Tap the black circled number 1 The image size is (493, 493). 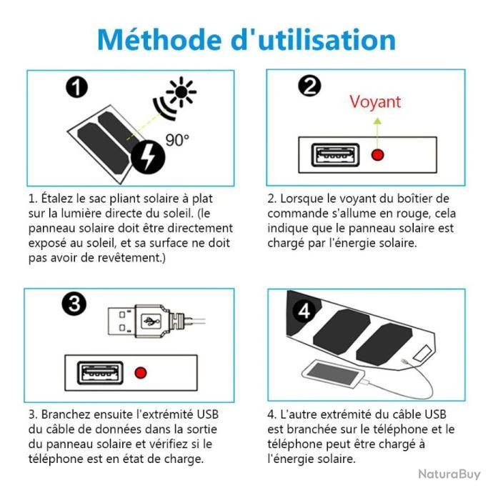pos(76,87)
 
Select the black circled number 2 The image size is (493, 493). pos(309,86)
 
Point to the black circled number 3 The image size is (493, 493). pos(74,304)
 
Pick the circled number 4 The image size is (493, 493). pos(304,312)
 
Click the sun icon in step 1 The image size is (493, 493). pos(181,91)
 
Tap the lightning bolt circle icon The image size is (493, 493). pos(148,157)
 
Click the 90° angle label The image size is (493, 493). pos(177,140)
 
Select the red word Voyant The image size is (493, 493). pos(375,102)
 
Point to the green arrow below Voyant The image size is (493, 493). pos(378,133)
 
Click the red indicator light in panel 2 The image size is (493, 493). pos(378,155)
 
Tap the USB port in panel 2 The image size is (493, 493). pos(335,155)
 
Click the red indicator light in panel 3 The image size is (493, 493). pos(141,372)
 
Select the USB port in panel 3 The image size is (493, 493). pos(100,373)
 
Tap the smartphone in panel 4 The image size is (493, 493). pos(333,374)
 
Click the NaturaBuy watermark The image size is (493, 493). pos(449,474)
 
